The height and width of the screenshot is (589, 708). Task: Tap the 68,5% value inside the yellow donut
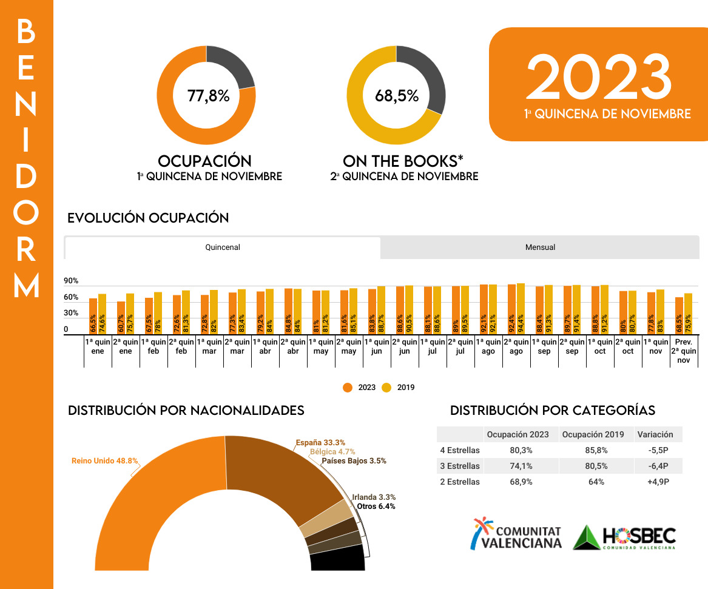[x=397, y=96]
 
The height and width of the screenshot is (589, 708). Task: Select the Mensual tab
[x=540, y=247]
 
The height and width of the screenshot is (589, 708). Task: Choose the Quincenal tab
[x=223, y=247]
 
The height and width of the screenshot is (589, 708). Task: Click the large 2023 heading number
[x=599, y=77]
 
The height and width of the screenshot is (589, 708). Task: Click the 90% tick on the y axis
[x=71, y=281]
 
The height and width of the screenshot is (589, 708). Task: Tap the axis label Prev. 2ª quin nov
[x=684, y=351]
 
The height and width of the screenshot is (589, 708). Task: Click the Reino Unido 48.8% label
[x=101, y=461]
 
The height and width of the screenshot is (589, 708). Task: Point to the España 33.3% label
[x=320, y=443]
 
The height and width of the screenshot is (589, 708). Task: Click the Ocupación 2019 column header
[x=593, y=434]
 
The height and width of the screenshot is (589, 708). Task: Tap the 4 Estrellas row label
[x=460, y=450]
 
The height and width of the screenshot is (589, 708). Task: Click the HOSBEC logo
[x=624, y=537]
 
